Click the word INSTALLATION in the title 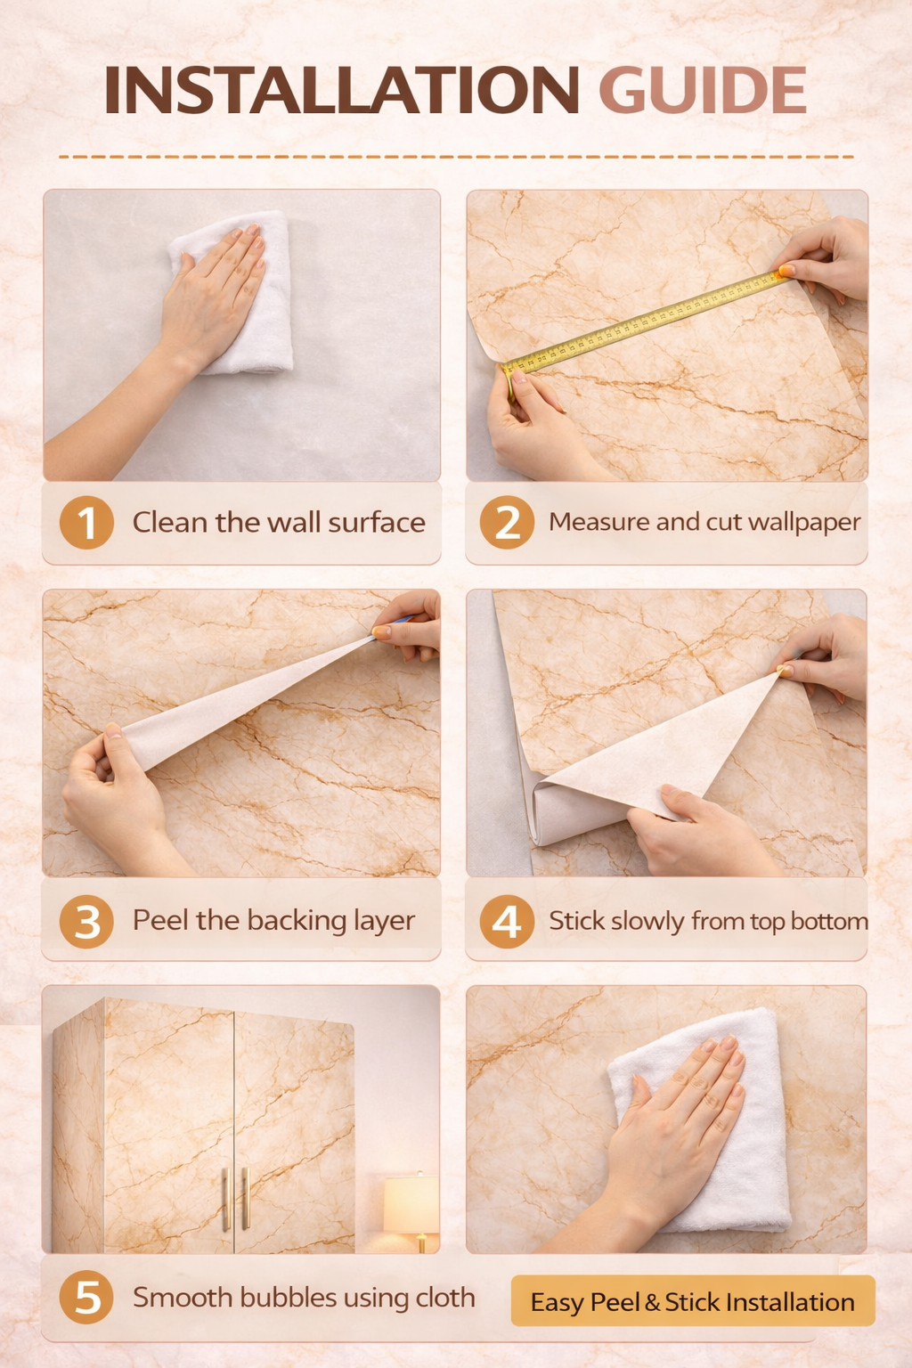coord(341,90)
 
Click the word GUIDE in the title coord(703,90)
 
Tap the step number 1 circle coord(86,522)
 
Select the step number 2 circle coord(507,522)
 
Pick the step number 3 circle coord(86,922)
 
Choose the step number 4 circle coord(507,922)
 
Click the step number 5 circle coord(86,1298)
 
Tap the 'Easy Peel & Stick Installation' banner coord(693,1301)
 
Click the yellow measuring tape coord(645,322)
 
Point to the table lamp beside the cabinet coord(411,1212)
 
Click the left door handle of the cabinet coord(224,1199)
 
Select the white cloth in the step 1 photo coord(236,292)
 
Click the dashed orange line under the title coord(456,157)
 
